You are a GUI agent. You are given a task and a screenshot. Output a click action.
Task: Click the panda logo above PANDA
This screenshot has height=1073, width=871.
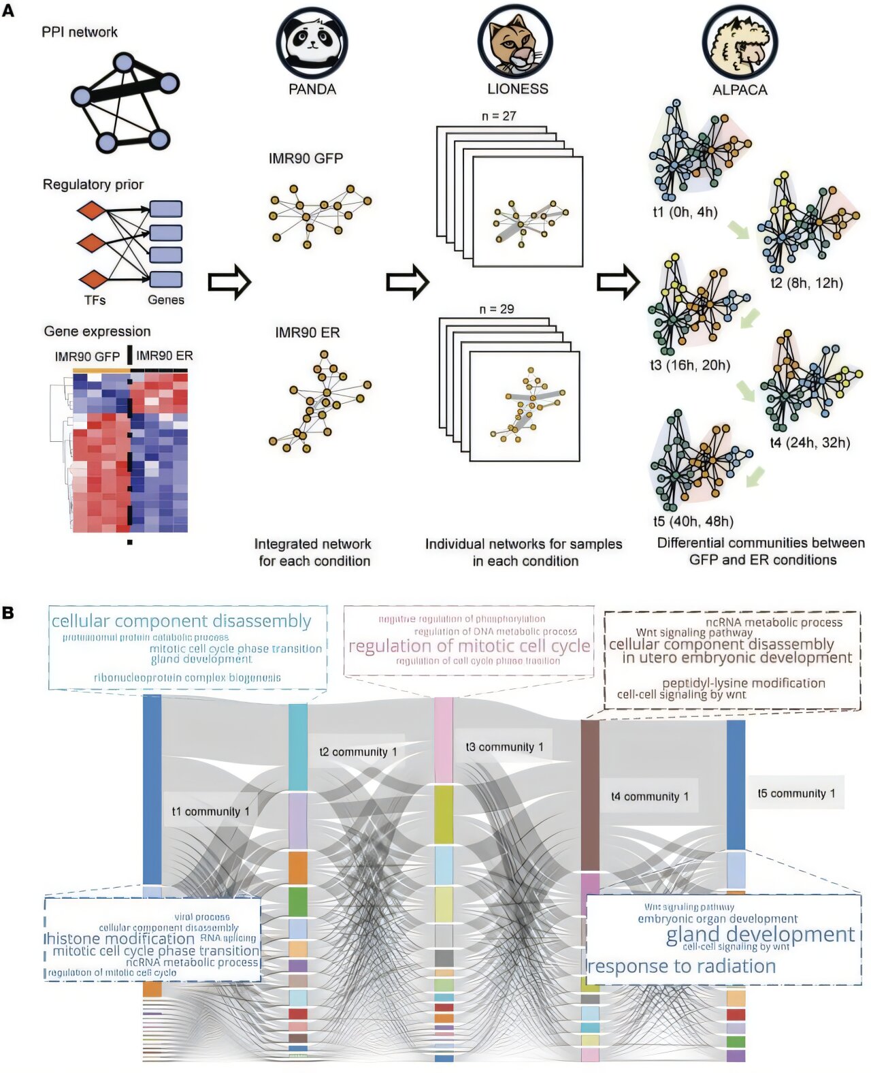[x=312, y=42]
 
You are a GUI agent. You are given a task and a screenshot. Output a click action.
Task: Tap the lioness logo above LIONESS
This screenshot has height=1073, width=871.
[x=515, y=42]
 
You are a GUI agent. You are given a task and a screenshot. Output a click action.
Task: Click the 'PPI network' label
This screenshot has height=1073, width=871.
[x=79, y=32]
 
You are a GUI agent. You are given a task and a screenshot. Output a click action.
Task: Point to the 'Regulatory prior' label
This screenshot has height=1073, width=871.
[x=93, y=185]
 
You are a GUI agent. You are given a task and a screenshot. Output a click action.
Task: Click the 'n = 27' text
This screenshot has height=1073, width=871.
[x=499, y=116]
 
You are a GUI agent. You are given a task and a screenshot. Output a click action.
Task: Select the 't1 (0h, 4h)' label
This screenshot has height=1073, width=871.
[x=685, y=212]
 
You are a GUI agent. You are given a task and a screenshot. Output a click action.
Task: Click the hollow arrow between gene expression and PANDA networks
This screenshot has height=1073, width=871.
[x=229, y=282]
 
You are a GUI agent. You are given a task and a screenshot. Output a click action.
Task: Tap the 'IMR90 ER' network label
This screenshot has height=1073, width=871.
[x=307, y=333]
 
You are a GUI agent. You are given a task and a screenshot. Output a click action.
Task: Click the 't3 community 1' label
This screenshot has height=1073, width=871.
[x=504, y=747]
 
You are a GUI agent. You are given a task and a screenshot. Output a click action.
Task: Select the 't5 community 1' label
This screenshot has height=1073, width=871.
[x=796, y=793]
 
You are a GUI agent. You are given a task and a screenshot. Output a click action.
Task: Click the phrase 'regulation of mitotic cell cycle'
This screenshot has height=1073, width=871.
[x=469, y=645]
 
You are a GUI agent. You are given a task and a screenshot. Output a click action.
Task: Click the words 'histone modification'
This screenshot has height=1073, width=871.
[x=120, y=939]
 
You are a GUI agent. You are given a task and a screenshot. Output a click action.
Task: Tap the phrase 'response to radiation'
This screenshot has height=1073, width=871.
[x=681, y=966]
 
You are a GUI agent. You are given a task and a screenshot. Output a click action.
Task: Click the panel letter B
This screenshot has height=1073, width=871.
[x=8, y=613]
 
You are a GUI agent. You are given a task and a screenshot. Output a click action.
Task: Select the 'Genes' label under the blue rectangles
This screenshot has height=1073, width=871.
[x=166, y=300]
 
